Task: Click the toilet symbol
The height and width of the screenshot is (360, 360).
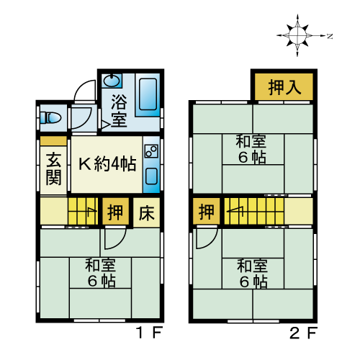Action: coord(50,118)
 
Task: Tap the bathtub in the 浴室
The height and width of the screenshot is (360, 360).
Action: coord(148,94)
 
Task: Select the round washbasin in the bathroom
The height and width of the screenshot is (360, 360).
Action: coord(112,81)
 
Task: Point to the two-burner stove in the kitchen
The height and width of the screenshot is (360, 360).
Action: coord(151,151)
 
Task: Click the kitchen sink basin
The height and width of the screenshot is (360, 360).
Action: coord(151,176)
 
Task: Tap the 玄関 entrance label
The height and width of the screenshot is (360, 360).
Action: coord(53,169)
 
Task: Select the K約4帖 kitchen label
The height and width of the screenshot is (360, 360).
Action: coord(107,164)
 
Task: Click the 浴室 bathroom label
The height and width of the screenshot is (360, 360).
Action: coord(119,111)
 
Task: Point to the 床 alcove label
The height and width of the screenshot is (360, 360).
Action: coord(146,213)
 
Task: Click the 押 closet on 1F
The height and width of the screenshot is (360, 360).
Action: coord(115,212)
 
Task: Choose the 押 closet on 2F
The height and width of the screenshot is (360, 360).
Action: coord(207,212)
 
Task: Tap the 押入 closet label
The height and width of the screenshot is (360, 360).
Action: coord(284,87)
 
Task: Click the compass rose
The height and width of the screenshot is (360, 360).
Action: coord(297,35)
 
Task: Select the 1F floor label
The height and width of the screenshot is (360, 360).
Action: coord(149,333)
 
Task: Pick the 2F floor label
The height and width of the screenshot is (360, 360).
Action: coord(304,333)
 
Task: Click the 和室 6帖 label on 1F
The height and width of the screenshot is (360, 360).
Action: coord(101,273)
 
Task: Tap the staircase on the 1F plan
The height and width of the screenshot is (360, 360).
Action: coord(83,211)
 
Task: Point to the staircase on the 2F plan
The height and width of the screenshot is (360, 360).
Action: coord(254,211)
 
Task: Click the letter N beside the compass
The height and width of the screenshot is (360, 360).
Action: coord(330,36)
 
